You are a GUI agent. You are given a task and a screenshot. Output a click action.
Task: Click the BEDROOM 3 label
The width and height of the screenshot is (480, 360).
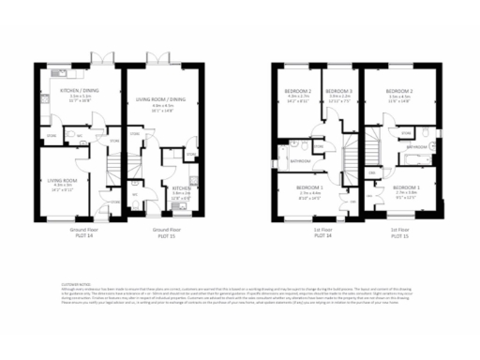(338, 91)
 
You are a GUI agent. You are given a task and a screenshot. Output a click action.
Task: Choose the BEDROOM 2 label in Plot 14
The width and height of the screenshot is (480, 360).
(298, 91)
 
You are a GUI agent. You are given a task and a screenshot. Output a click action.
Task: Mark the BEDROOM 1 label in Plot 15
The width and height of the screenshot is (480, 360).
(407, 187)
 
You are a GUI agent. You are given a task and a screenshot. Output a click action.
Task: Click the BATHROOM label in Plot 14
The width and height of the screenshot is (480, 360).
(300, 161)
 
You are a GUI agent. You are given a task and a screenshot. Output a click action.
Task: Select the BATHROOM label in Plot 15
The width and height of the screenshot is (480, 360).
(416, 147)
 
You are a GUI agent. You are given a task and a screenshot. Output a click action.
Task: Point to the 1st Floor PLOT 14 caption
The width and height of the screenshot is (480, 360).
(322, 232)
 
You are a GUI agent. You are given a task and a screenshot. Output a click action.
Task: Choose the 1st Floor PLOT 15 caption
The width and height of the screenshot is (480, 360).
(400, 232)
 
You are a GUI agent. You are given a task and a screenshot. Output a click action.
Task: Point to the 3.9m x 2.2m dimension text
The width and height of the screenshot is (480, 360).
(338, 97)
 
